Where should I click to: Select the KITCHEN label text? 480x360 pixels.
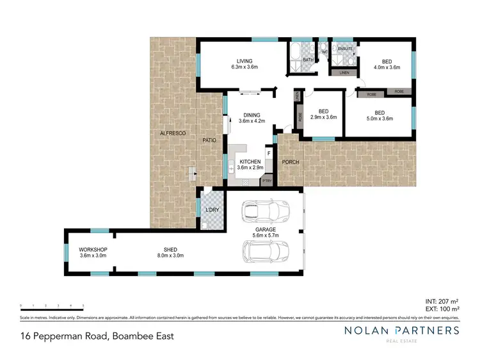click(x=250, y=164)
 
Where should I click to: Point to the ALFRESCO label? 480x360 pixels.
click(x=172, y=133)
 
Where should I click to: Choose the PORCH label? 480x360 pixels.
click(x=290, y=162)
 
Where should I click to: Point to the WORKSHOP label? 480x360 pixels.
click(x=93, y=252)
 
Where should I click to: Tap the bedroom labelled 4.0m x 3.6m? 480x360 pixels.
click(x=387, y=64)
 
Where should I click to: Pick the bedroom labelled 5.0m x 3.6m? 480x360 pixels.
click(x=380, y=116)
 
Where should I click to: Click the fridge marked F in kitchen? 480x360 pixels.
click(x=269, y=154)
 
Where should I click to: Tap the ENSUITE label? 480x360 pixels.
click(x=346, y=49)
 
